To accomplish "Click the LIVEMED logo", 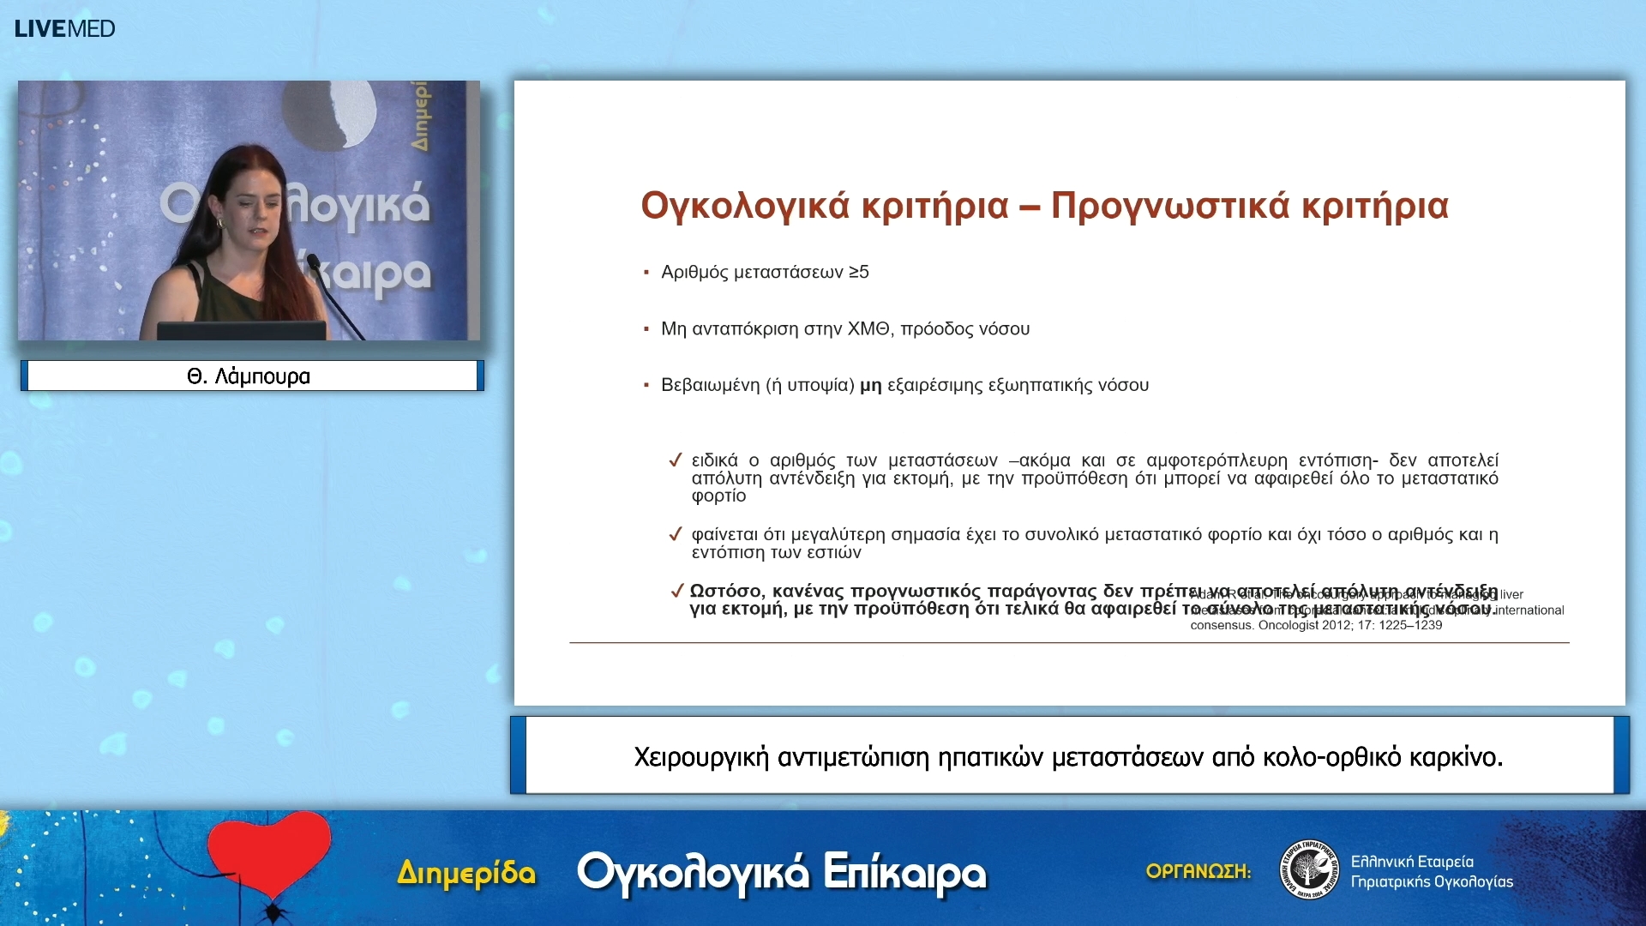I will [64, 28].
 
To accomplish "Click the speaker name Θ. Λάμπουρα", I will [249, 376].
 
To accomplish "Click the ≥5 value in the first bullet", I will [858, 273].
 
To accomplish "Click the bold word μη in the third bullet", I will [870, 386].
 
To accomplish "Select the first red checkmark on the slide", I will [676, 460].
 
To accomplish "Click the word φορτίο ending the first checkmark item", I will [718, 496].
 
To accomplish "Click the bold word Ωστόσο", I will [727, 592].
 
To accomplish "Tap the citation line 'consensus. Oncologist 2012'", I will [1315, 626].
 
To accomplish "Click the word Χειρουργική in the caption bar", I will [700, 757].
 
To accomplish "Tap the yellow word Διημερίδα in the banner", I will [466, 873].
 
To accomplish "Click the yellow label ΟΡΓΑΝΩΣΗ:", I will [1198, 871].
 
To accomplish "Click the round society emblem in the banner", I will [1308, 869].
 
